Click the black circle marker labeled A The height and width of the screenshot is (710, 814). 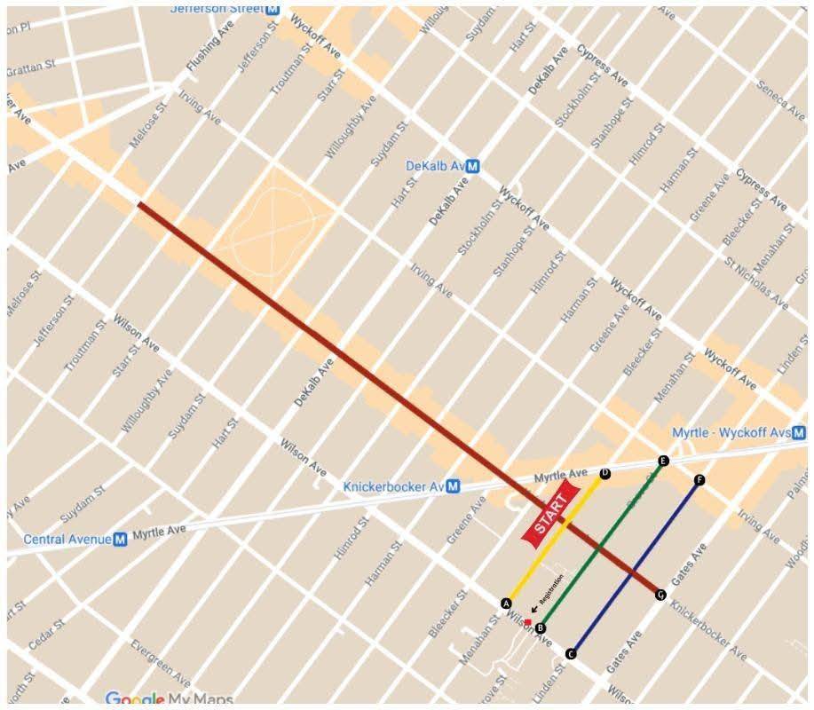(506, 603)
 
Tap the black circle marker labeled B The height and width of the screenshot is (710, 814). (541, 627)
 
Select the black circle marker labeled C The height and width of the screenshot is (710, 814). (571, 654)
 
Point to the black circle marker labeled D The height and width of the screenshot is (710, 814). (605, 474)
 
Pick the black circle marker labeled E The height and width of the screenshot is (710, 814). (662, 461)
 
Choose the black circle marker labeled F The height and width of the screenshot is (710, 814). (699, 480)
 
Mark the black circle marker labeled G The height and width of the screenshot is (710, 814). (660, 594)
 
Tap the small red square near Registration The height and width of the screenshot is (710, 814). (527, 622)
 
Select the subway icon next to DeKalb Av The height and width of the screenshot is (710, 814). (473, 166)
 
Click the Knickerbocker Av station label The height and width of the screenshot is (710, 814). (394, 486)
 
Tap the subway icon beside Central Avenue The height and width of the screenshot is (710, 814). (121, 539)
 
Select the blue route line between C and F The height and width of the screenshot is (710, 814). (636, 567)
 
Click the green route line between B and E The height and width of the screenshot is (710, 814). (602, 543)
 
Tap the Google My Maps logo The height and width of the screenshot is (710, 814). (169, 699)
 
